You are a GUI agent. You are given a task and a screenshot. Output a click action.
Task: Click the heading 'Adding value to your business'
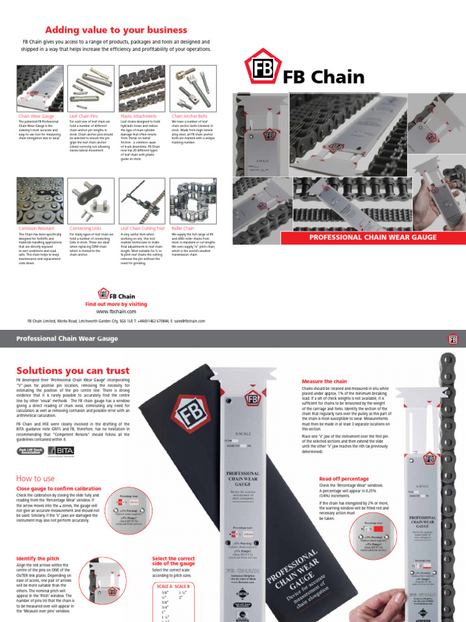click(116, 30)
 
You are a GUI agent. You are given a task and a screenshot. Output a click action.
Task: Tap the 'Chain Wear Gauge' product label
click(36, 116)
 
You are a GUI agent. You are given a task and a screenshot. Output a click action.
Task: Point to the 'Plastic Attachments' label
click(138, 116)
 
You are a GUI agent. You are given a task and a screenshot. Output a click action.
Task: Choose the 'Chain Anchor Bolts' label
click(189, 116)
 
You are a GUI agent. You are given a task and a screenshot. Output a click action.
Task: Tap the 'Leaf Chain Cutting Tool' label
click(143, 228)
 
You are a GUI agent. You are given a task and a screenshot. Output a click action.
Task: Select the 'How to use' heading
click(35, 479)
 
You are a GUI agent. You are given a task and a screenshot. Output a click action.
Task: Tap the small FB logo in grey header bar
click(452, 339)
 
